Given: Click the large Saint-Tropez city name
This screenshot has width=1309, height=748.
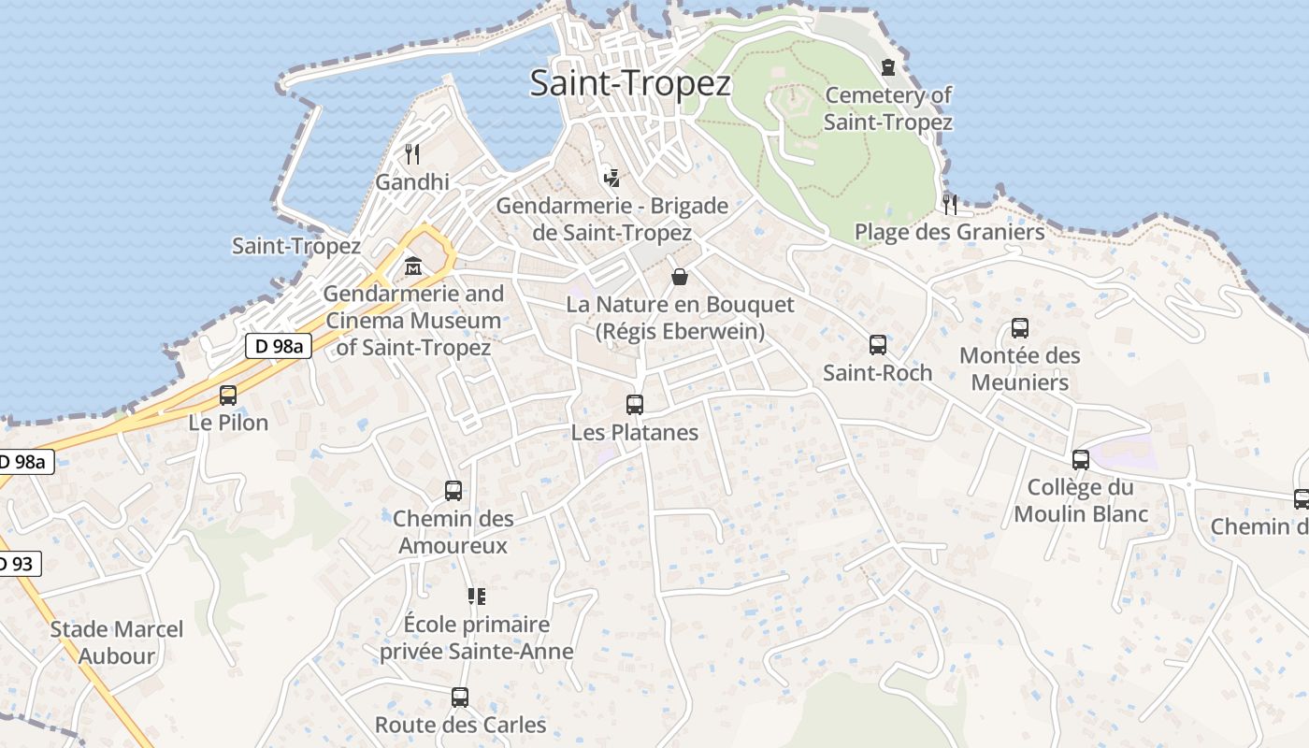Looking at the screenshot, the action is click(630, 83).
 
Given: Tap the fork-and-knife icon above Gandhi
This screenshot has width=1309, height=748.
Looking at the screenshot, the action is click(412, 153).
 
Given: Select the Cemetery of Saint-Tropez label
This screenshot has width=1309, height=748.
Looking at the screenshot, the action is click(887, 108).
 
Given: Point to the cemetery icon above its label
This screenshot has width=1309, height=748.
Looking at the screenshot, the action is click(887, 66).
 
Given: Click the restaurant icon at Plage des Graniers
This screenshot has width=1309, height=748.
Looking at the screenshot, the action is click(950, 204).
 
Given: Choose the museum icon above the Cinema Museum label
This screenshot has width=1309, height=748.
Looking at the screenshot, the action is click(412, 266).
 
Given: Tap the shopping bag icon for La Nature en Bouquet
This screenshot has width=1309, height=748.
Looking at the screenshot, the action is click(680, 277).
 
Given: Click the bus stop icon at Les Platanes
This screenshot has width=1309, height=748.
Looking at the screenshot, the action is click(635, 405).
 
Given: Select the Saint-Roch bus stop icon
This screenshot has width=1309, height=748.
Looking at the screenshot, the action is click(878, 345).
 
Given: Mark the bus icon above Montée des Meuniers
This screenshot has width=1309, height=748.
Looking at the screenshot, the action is click(1020, 328).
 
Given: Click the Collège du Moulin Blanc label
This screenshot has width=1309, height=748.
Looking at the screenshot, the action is click(1081, 500).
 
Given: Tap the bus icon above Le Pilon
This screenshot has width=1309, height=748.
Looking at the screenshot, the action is click(228, 395).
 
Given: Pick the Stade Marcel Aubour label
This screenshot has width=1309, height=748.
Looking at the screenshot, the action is click(117, 642).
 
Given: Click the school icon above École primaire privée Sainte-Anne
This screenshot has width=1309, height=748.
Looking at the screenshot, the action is click(477, 596).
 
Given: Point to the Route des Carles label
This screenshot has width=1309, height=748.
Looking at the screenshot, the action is click(460, 725).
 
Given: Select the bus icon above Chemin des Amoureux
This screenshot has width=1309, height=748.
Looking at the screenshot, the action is click(453, 491).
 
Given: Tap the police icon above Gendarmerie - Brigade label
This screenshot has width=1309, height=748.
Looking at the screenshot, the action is click(611, 177).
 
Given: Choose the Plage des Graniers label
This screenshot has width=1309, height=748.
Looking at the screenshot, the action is click(949, 232).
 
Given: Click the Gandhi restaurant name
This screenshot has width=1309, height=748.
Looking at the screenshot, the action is click(412, 182).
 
